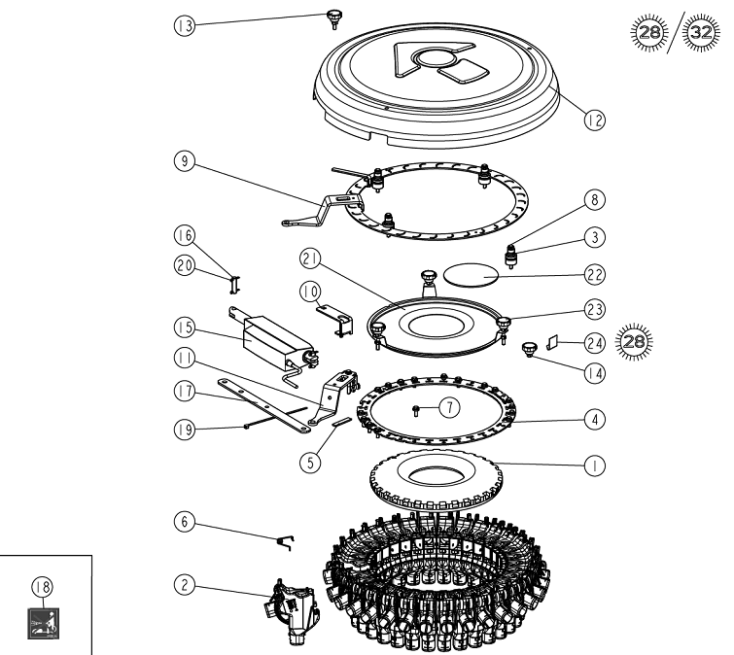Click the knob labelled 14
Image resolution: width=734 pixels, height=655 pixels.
531,348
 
